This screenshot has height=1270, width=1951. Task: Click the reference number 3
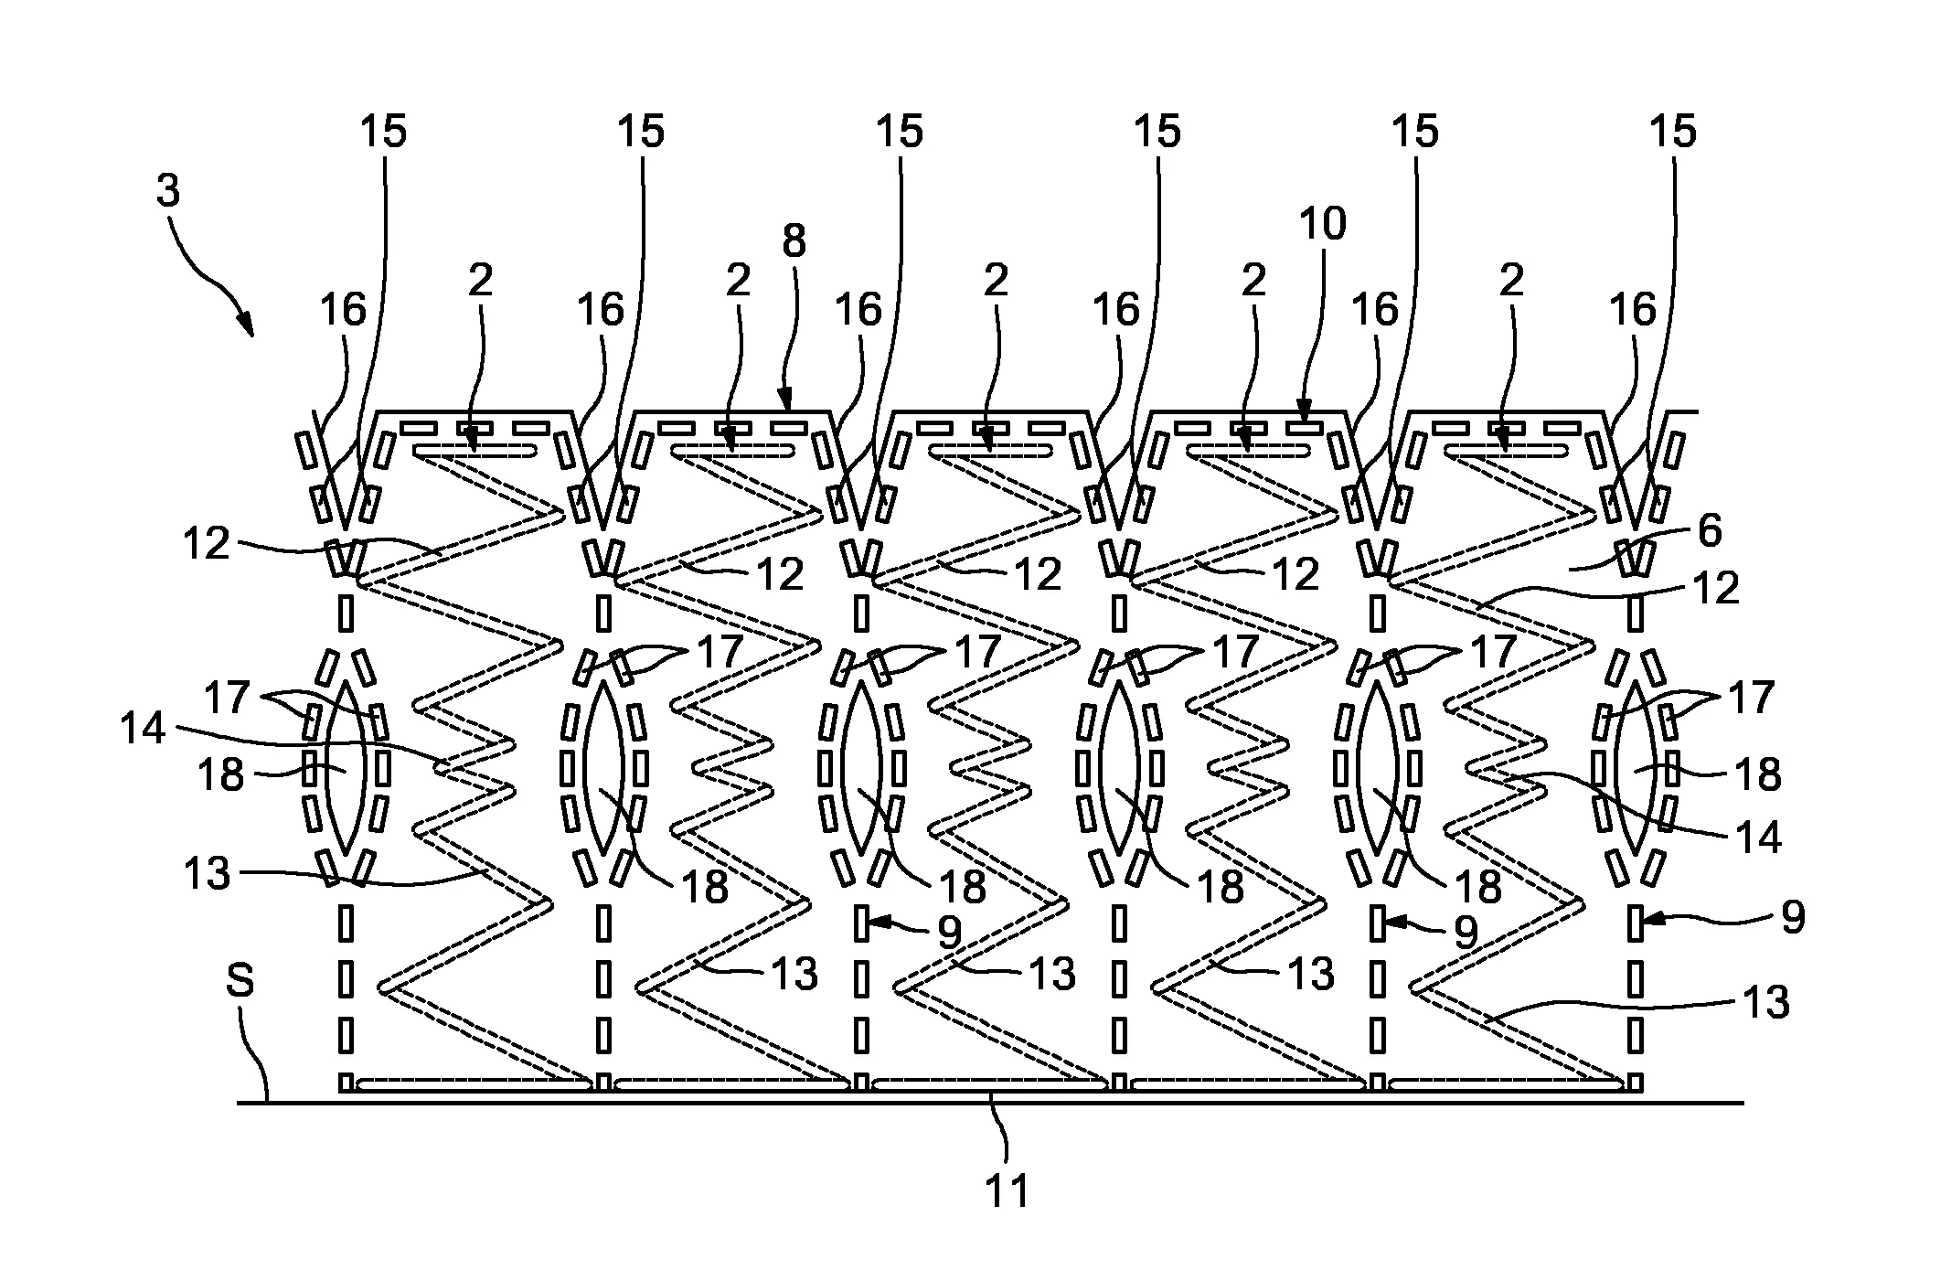pyautogui.click(x=168, y=191)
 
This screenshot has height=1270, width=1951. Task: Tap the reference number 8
pyautogui.click(x=794, y=241)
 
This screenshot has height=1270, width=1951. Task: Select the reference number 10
pyautogui.click(x=1322, y=223)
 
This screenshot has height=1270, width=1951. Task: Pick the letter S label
pyautogui.click(x=240, y=981)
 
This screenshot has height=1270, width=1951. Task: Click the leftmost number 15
pyautogui.click(x=382, y=132)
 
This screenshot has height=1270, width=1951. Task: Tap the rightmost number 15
pyautogui.click(x=1672, y=132)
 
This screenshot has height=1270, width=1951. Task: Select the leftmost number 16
pyautogui.click(x=343, y=310)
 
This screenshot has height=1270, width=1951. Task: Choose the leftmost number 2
pyautogui.click(x=480, y=280)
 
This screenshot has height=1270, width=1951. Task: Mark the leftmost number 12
pyautogui.click(x=207, y=544)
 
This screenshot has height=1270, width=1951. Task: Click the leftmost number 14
pyautogui.click(x=143, y=729)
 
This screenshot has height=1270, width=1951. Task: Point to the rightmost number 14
pyautogui.click(x=1757, y=837)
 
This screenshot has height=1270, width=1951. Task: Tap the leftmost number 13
pyautogui.click(x=207, y=873)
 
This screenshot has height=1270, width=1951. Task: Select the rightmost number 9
pyautogui.click(x=1793, y=917)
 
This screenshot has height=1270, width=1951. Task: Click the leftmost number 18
pyautogui.click(x=221, y=775)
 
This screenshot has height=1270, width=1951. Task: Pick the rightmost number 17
pyautogui.click(x=1751, y=698)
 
